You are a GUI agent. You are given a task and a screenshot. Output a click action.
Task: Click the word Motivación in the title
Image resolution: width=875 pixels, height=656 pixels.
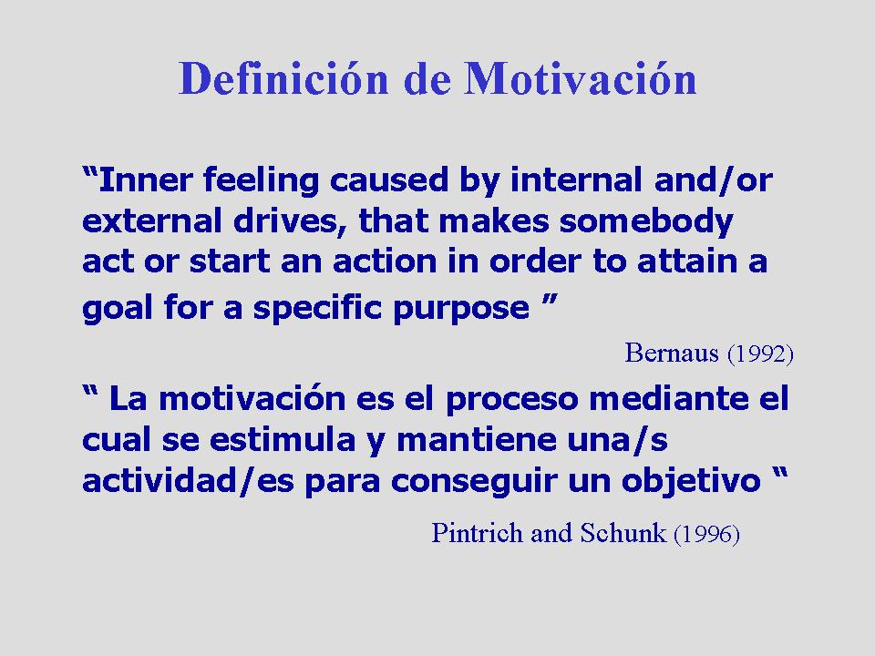(581, 78)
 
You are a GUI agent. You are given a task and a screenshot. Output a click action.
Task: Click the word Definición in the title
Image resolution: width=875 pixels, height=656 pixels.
(283, 78)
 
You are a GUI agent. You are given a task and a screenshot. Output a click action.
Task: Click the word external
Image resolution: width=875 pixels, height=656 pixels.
(152, 220)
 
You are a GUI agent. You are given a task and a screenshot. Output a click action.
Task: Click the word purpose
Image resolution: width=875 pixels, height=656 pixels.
(461, 309)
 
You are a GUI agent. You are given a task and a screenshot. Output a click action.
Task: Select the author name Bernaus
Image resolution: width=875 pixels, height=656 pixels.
(672, 353)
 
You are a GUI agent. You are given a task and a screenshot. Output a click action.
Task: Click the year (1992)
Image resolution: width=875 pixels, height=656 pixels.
(760, 354)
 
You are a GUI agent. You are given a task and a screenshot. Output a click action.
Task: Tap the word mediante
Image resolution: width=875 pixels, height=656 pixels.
(668, 398)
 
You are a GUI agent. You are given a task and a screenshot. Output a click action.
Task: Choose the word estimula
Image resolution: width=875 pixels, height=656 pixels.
(283, 439)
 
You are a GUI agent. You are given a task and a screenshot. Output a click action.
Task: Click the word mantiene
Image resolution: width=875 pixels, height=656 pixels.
(477, 439)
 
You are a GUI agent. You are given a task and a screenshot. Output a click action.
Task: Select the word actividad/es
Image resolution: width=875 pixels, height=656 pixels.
(188, 481)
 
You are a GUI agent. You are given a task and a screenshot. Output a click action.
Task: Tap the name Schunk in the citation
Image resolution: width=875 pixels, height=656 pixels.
(623, 533)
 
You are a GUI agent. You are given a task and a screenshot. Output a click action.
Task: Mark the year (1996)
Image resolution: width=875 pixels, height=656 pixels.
(707, 534)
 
